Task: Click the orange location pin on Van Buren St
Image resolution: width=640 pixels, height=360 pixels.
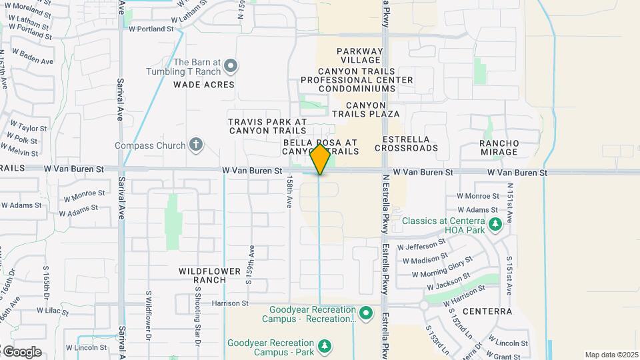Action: pyautogui.click(x=321, y=159)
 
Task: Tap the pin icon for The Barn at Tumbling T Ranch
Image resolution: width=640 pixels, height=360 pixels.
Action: pyautogui.click(x=231, y=65)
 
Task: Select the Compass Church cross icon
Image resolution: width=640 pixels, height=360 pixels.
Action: pyautogui.click(x=196, y=144)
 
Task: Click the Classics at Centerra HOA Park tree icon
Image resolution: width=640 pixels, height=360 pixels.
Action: pyautogui.click(x=495, y=225)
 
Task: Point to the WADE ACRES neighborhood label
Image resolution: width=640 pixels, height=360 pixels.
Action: pyautogui.click(x=204, y=85)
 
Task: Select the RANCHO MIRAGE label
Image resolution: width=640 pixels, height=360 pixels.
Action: pyautogui.click(x=499, y=147)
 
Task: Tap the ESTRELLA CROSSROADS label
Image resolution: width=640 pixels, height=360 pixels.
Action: pyautogui.click(x=407, y=143)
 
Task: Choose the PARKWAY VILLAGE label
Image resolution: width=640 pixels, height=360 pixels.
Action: pyautogui.click(x=360, y=56)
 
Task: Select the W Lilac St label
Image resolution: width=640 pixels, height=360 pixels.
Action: pyautogui.click(x=54, y=311)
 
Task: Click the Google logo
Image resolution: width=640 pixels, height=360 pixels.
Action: pyautogui.click(x=22, y=352)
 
